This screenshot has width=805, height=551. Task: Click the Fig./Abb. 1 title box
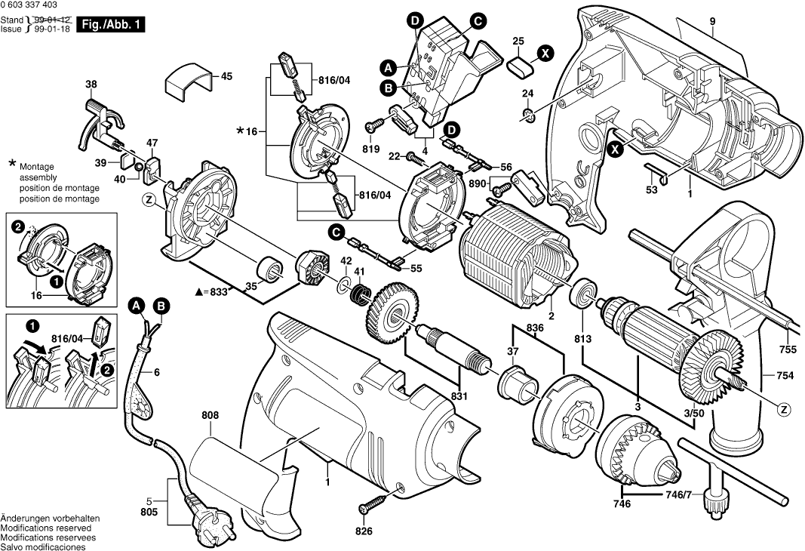point(110,25)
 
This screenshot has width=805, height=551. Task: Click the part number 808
point(210,414)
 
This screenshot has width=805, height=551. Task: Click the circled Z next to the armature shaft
point(785,410)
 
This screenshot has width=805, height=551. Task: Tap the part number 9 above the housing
point(711,22)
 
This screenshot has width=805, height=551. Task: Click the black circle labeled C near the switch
point(478,21)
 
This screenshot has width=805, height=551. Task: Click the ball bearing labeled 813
point(584,294)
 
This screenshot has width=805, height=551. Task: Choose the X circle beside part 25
point(545,53)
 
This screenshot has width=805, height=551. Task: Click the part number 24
point(528,93)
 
